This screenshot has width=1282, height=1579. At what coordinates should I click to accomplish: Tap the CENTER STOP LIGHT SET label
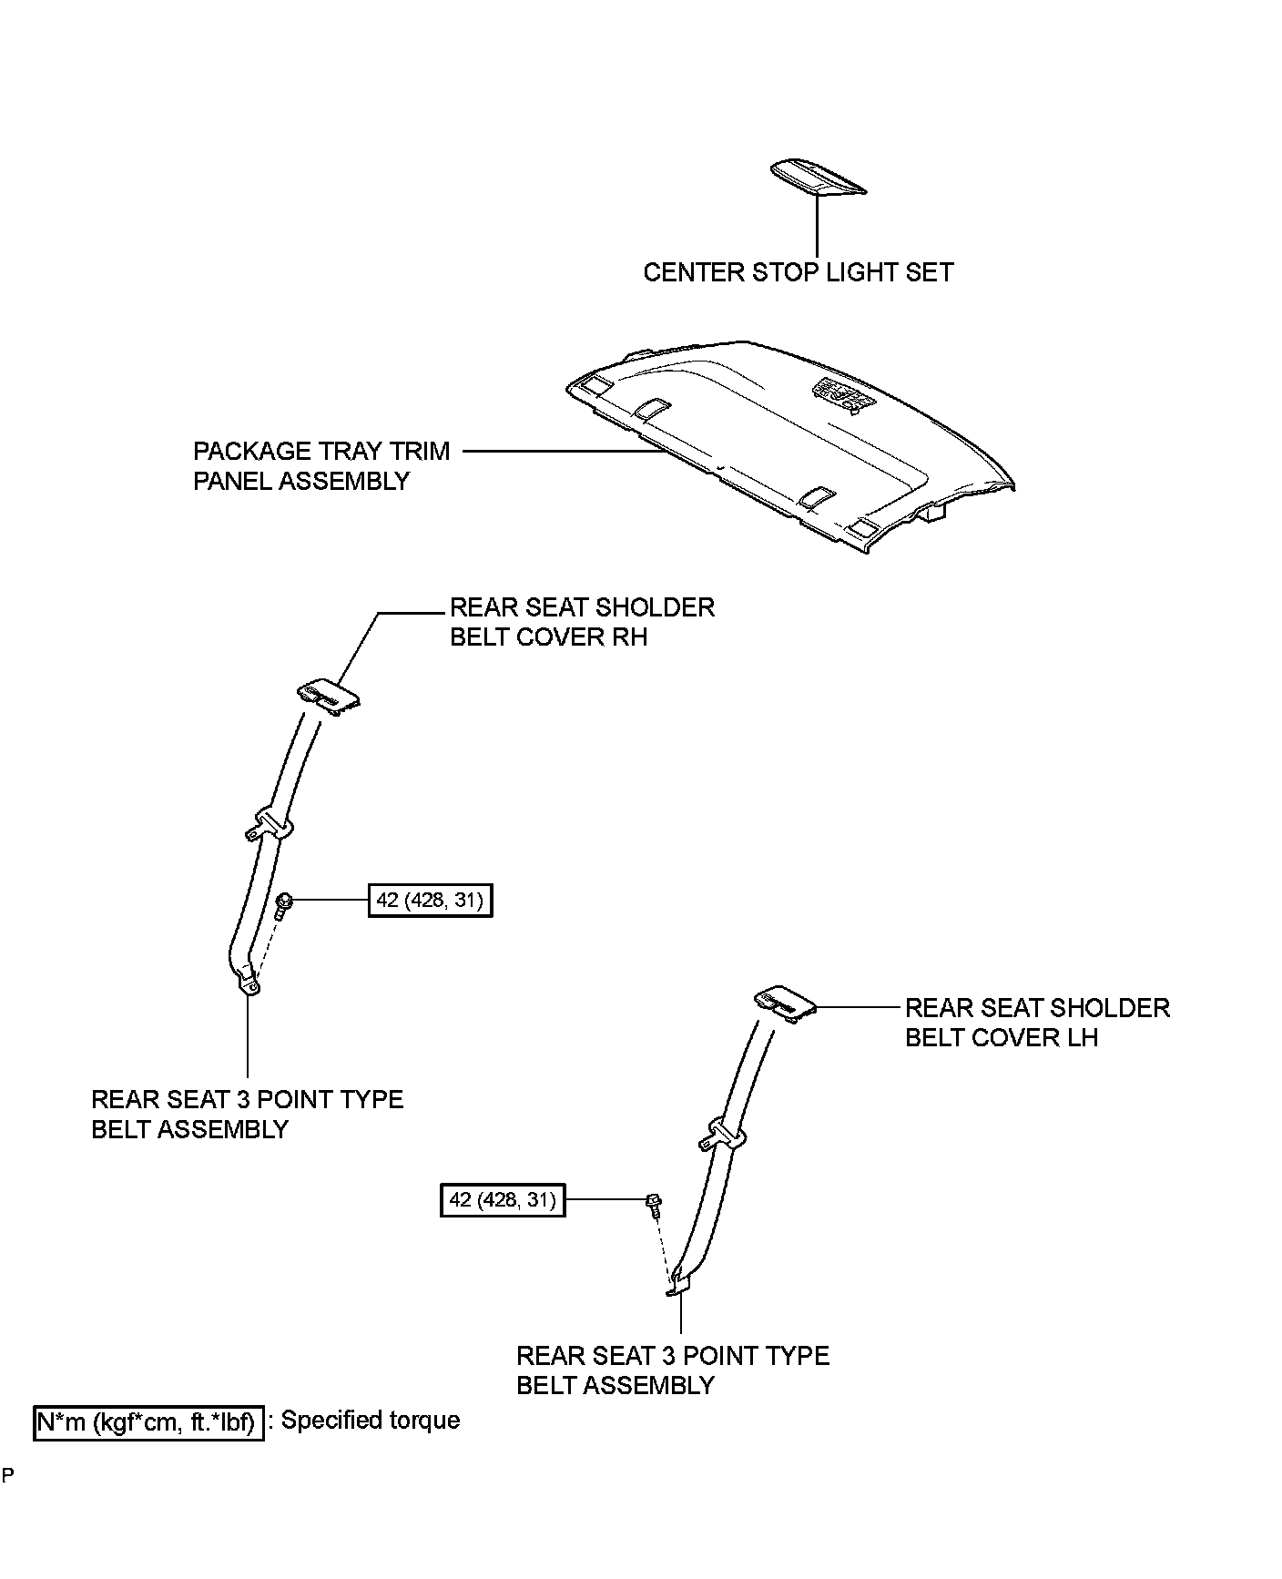798,272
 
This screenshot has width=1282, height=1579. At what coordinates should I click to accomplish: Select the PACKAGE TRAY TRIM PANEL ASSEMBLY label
321,465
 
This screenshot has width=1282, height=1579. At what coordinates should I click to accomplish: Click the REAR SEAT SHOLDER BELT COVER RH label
582,622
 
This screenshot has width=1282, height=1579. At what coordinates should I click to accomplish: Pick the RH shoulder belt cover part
329,696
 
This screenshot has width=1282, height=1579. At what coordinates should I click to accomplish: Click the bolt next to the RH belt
283,904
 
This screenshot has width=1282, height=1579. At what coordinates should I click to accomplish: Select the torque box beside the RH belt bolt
430,901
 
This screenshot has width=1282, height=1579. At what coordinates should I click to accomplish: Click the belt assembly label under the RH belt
247,1114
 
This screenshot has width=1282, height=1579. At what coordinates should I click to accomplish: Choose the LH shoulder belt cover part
783,1004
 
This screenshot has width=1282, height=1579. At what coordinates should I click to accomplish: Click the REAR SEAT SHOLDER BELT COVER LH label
1036,1023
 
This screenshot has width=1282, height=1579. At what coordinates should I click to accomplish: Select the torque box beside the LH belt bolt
503,1200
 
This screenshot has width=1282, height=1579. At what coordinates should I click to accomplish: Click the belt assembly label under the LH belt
673,1370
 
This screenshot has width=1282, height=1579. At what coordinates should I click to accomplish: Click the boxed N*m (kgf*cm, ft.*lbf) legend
149,1421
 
